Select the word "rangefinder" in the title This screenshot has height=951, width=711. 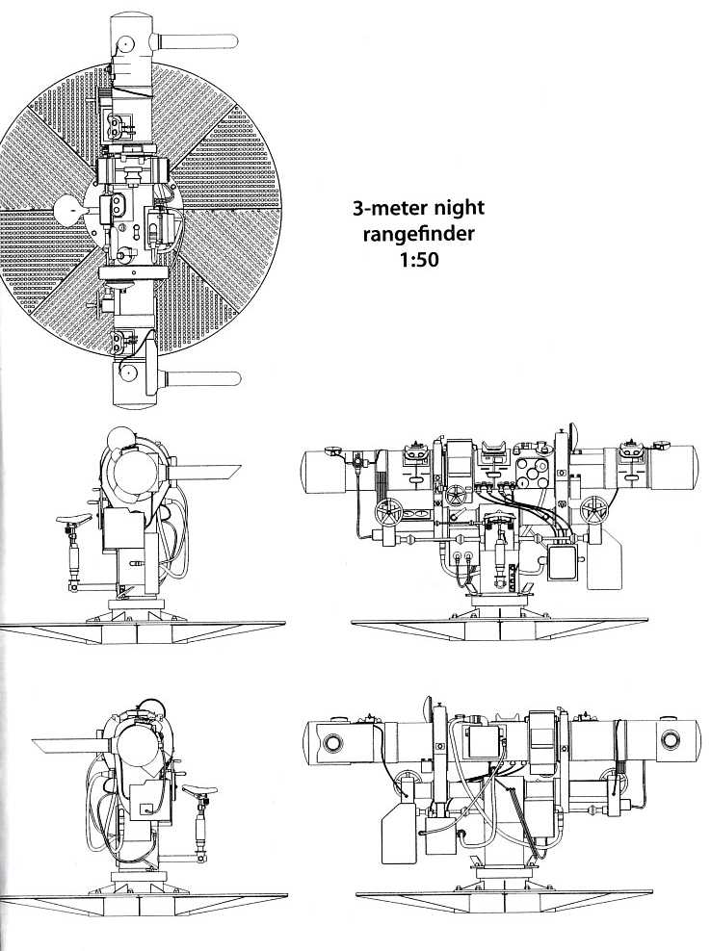pos(418,234)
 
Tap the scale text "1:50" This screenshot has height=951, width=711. pos(418,260)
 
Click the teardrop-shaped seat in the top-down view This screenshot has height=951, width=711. pos(70,210)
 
